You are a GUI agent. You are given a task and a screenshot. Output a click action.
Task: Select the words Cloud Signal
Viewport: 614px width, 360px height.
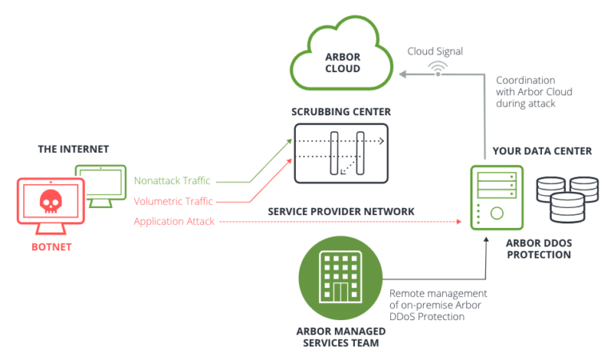[435, 51]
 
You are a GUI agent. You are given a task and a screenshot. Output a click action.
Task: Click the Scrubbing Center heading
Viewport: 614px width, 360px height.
[341, 112]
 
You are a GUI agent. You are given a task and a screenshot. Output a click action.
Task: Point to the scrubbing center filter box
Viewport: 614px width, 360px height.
[341, 152]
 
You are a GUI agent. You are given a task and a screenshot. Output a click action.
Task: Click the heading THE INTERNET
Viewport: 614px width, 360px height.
[73, 149]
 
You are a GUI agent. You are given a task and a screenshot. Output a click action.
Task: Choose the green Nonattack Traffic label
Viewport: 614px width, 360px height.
[172, 181]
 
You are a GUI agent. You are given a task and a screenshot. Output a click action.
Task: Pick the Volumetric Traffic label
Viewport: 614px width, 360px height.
[173, 201]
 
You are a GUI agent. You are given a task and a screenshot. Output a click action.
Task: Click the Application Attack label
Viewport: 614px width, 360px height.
[173, 221]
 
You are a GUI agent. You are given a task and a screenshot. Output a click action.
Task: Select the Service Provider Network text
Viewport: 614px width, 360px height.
[341, 211]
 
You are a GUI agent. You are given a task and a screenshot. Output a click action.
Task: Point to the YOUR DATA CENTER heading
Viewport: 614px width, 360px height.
[531, 150]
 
